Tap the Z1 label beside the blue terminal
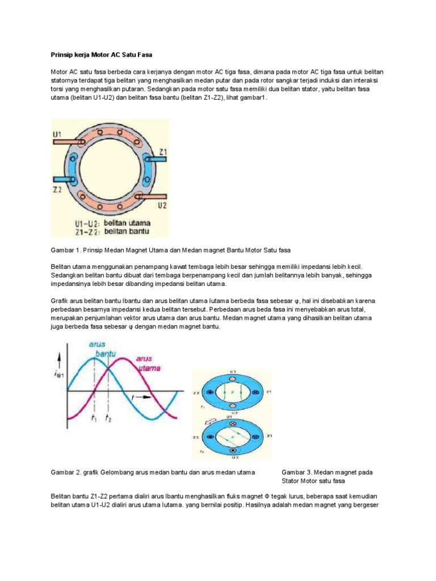[x=162, y=151]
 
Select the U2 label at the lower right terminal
[x=162, y=205]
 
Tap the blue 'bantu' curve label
[x=105, y=354]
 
